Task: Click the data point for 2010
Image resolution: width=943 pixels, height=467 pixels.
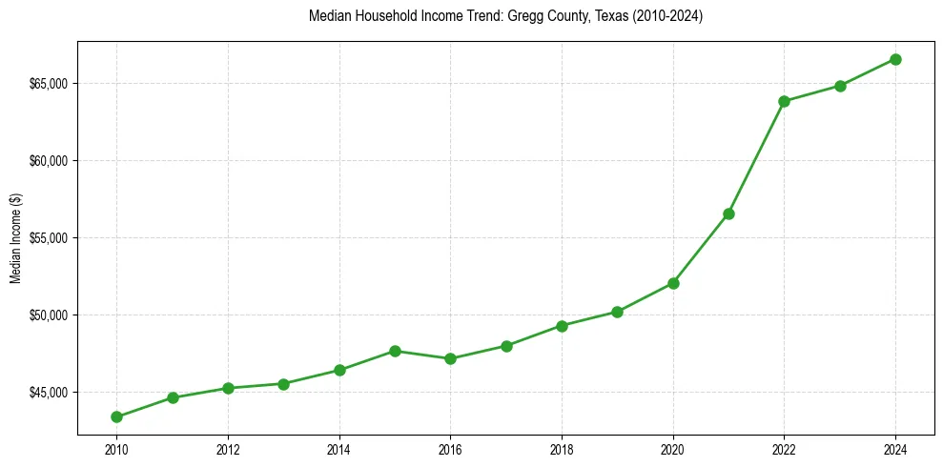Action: pos(116,416)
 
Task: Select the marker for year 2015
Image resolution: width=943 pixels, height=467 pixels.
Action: pos(395,351)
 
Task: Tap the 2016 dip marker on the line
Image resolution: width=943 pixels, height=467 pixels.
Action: pos(450,358)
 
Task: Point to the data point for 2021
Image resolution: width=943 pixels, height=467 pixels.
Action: pos(728,213)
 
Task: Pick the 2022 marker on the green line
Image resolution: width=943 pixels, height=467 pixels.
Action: pos(785,101)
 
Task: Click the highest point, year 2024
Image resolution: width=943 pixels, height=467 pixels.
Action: pos(895,59)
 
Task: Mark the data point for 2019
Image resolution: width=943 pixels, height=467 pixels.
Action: pos(617,312)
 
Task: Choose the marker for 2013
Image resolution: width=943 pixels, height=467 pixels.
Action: pos(283,384)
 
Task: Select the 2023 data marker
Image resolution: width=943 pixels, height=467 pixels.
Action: pos(840,86)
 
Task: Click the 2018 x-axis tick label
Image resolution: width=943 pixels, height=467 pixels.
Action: pos(562,449)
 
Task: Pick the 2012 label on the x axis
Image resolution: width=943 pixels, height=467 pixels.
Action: pos(228,449)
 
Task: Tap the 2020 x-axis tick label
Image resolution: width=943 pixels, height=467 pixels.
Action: pos(673,449)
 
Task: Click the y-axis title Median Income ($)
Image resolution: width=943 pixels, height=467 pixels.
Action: pos(15,238)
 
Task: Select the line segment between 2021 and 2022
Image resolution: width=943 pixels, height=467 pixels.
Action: pos(757,157)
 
